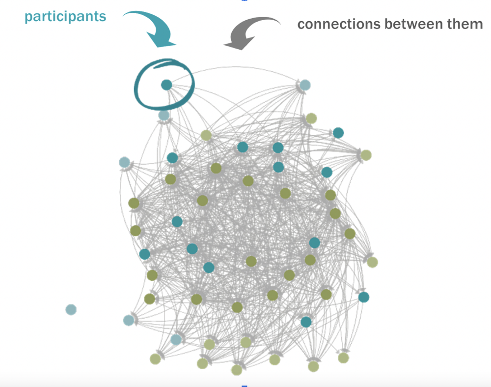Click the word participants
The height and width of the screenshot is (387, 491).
coord(65,17)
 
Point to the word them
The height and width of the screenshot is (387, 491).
coord(465,24)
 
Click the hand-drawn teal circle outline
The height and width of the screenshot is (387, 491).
coord(139,98)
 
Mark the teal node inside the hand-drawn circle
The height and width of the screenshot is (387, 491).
coord(166,85)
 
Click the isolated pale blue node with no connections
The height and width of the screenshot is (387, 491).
coord(71,309)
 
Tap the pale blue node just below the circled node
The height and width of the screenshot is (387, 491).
coord(164,116)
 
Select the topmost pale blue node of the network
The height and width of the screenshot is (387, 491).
coord(305,85)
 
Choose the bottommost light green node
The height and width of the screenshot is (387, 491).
coord(237,370)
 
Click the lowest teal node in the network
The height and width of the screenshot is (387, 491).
coord(306,322)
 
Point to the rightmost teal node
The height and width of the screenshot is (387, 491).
coord(364,297)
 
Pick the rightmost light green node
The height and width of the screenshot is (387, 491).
coord(373,262)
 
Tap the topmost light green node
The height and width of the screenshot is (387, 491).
coord(311,118)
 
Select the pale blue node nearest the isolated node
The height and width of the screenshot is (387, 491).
coord(129,320)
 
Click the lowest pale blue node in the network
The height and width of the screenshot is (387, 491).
coord(176,339)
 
